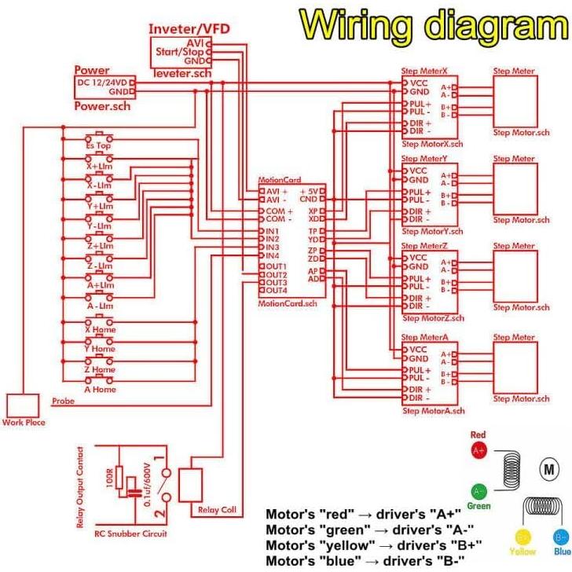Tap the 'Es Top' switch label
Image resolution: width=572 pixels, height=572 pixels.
(99, 146)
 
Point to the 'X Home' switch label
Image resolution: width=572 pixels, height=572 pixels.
(100, 330)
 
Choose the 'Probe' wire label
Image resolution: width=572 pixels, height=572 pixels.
(63, 401)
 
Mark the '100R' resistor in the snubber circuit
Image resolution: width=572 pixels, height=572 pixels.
(119, 475)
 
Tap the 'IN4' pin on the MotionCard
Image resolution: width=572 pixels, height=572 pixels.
(273, 256)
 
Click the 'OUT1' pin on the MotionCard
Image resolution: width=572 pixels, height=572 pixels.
(276, 266)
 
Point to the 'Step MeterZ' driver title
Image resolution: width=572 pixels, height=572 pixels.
(424, 246)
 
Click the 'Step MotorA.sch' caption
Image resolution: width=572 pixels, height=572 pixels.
(433, 411)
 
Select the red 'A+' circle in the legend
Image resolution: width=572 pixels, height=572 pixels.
(478, 451)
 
